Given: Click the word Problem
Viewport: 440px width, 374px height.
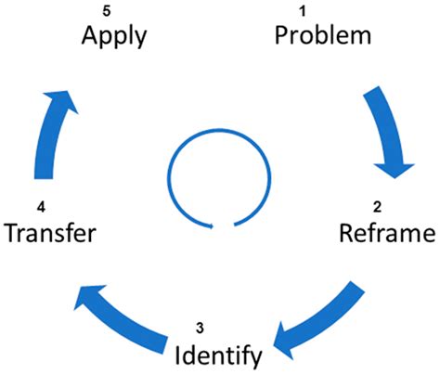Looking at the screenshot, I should click(x=323, y=36).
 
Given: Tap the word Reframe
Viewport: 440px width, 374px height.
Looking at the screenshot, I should click(x=384, y=231).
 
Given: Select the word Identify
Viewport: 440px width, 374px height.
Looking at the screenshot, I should click(x=219, y=354).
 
